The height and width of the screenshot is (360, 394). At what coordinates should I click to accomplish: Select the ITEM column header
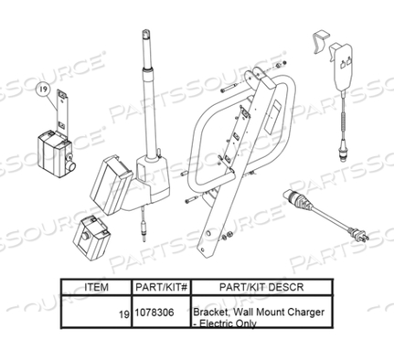[96, 286]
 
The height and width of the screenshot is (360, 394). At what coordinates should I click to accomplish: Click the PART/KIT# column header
[160, 286]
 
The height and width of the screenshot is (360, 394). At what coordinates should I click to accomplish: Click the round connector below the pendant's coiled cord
[344, 150]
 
